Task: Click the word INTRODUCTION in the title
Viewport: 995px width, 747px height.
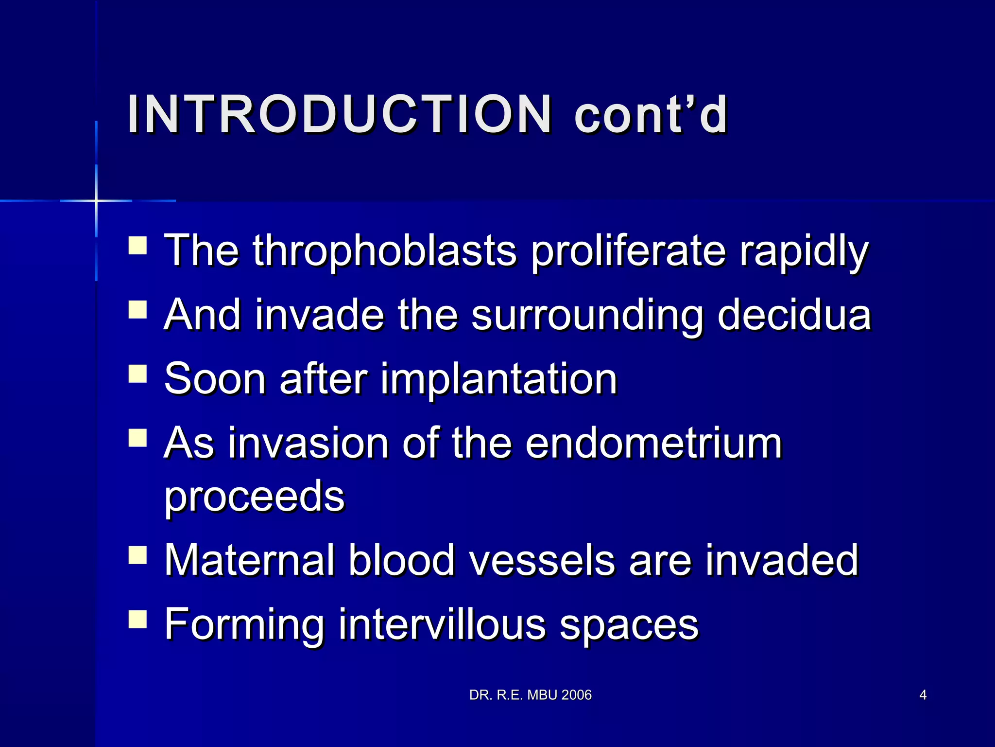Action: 339,115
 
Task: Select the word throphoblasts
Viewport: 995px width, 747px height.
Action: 384,251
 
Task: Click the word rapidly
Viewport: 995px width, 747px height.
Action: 804,251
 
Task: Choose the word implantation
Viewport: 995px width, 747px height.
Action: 498,379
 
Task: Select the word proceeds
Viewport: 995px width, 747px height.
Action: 254,497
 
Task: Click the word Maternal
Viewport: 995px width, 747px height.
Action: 249,560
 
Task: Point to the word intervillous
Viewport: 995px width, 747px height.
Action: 442,624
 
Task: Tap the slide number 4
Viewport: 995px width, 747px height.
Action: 923,695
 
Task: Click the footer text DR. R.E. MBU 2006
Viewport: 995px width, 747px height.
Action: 530,695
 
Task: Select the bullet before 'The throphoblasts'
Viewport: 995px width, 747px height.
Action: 137,246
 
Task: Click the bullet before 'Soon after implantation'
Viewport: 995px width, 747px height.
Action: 137,374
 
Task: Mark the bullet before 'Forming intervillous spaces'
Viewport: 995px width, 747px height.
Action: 137,620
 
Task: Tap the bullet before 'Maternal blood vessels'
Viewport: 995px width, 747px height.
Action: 137,555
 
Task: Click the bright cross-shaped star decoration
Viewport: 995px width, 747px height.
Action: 96,200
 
